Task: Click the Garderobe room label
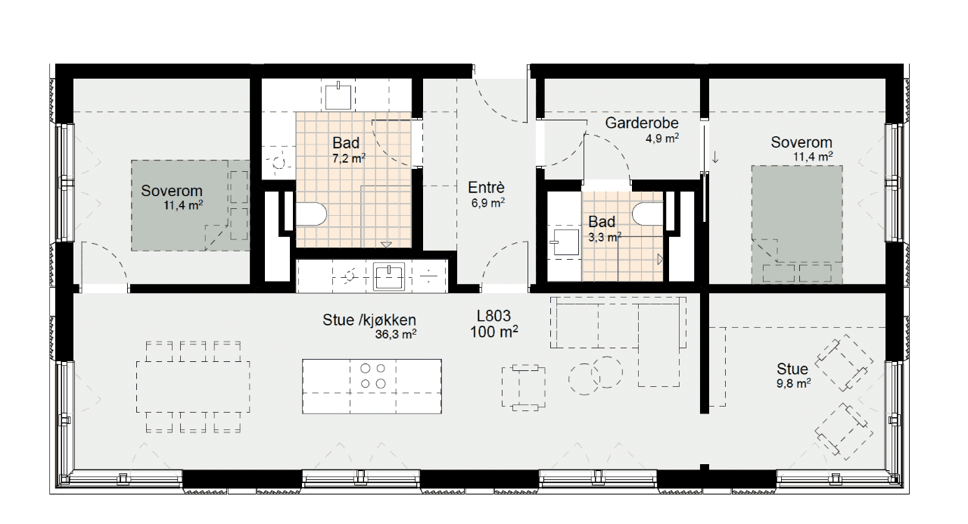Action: [642, 123]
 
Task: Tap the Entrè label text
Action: [486, 188]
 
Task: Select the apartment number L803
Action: [494, 316]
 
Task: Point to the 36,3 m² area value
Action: [396, 334]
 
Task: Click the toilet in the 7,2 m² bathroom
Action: [311, 214]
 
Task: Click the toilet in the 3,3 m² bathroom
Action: [648, 214]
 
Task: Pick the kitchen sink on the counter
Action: [389, 276]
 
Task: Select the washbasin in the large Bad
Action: [338, 95]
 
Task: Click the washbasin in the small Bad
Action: [566, 242]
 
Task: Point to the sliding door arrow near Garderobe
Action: [715, 157]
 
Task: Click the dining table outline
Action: [193, 386]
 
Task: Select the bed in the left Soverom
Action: [191, 205]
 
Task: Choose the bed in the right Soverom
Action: [797, 225]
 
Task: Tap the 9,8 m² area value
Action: [793, 383]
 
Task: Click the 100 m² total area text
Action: [494, 332]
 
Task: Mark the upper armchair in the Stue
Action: [843, 363]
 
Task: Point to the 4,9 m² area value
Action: [662, 139]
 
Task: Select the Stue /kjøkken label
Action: [369, 320]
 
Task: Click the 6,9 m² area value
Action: [488, 202]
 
